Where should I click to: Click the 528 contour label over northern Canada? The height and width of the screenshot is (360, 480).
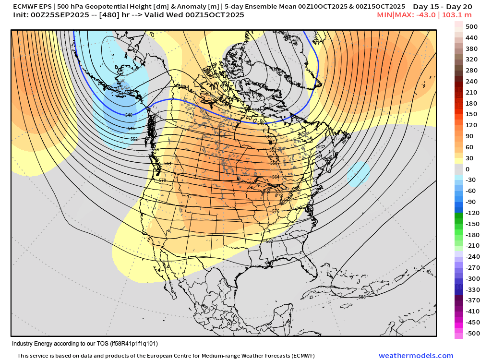tap(248, 92)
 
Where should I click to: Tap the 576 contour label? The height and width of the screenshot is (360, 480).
tap(276, 211)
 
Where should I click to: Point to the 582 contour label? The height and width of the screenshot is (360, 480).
tap(269, 241)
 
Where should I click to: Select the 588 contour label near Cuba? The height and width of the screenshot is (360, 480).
tap(362, 297)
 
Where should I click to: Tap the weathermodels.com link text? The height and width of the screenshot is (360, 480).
tap(416, 356)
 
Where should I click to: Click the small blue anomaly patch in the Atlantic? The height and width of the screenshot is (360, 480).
tap(359, 174)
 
